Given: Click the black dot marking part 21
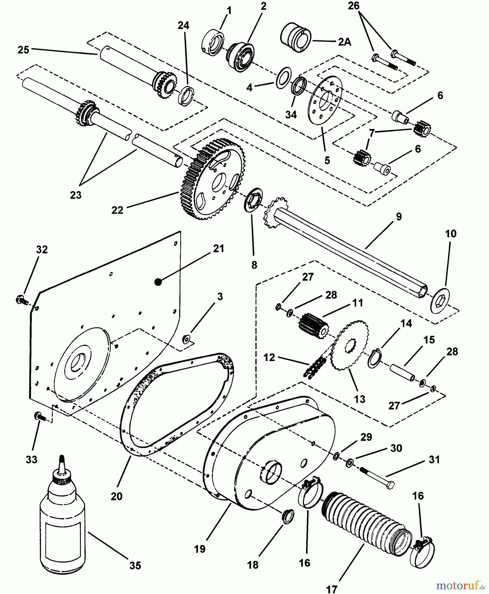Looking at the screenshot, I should tap(158, 282).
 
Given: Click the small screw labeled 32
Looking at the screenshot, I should tap(20, 300).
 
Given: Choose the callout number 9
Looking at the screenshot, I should tap(399, 217).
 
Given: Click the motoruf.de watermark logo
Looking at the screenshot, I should tap(459, 586).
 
